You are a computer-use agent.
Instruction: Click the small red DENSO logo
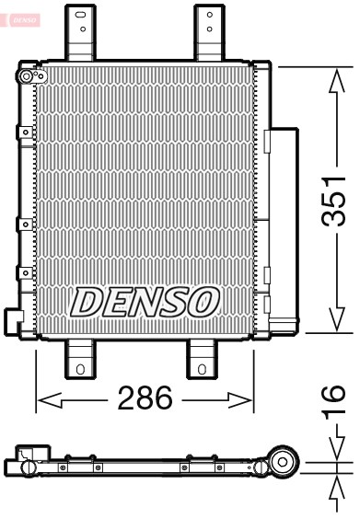[22, 17]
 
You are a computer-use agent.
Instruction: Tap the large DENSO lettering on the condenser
[145, 301]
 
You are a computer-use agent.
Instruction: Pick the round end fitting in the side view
[285, 461]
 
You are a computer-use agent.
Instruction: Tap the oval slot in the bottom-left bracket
[80, 370]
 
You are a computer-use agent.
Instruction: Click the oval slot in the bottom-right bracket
[202, 370]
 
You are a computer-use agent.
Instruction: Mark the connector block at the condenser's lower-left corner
[14, 318]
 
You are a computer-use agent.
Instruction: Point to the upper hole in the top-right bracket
[209, 15]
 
